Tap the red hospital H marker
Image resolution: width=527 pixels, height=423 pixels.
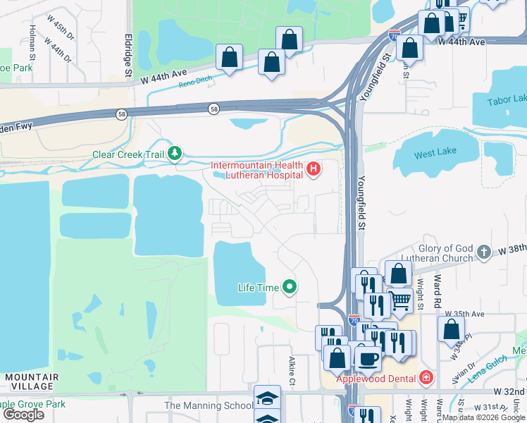coord(313,169)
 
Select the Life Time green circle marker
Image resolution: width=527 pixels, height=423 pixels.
coord(289,287)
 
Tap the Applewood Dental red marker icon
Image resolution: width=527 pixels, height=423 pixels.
coord(426,379)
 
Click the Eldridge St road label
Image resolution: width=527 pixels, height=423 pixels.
coord(128,54)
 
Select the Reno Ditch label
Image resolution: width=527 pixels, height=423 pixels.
coord(195,83)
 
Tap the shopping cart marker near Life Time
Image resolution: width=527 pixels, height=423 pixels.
coord(400,301)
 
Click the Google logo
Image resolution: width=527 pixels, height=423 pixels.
coord(23,415)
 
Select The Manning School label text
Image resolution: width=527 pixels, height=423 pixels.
coord(209,405)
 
